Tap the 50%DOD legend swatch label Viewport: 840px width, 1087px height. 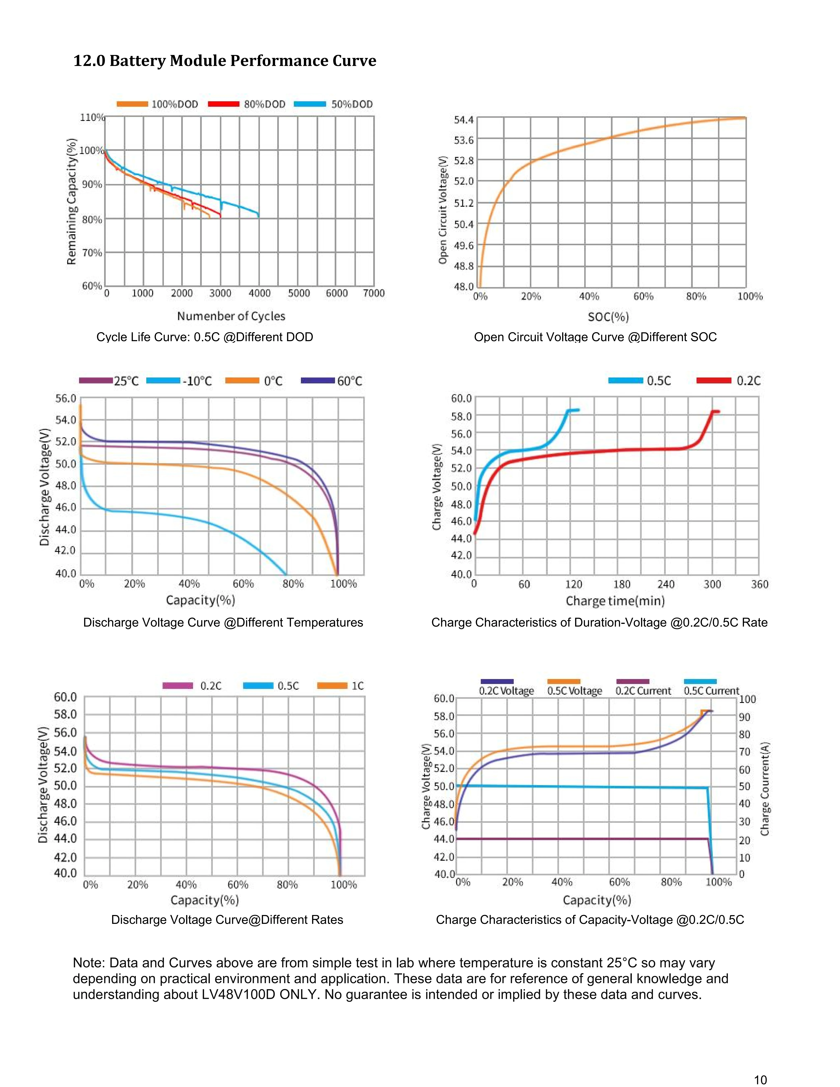(352, 104)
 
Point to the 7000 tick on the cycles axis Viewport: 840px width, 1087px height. (374, 293)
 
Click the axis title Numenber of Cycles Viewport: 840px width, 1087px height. (231, 316)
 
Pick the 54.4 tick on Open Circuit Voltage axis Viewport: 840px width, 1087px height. (463, 120)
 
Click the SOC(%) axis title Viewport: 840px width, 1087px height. (608, 317)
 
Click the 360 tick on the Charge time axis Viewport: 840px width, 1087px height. (759, 584)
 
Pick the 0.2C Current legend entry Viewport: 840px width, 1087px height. (643, 691)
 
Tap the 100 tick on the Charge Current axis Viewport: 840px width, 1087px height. (747, 699)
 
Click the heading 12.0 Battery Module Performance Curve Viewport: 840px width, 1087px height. (224, 61)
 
